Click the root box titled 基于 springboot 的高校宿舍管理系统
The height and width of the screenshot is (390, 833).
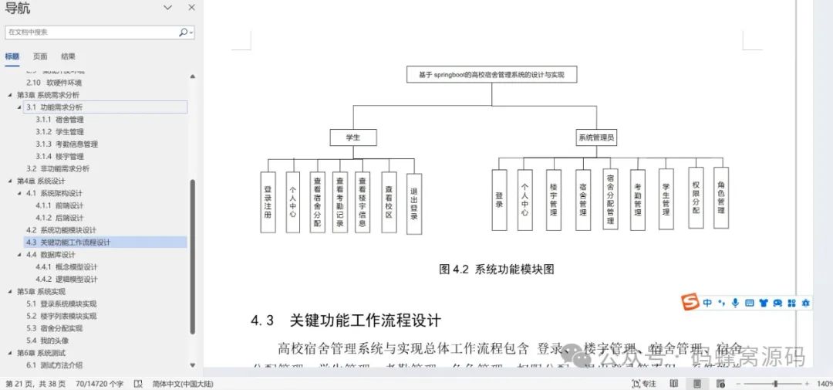[491, 75]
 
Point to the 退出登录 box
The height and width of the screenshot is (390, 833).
[413, 202]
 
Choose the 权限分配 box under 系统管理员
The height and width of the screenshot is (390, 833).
[696, 198]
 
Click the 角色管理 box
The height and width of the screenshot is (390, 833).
[721, 198]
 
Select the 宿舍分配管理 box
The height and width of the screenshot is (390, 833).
[610, 199]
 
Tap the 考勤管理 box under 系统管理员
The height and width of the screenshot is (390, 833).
[637, 199]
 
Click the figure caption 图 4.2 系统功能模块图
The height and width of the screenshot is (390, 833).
[496, 270]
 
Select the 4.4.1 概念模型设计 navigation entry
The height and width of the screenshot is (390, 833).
[66, 267]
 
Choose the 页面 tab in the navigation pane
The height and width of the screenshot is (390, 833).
[40, 56]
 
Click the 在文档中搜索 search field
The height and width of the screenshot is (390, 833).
[91, 32]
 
